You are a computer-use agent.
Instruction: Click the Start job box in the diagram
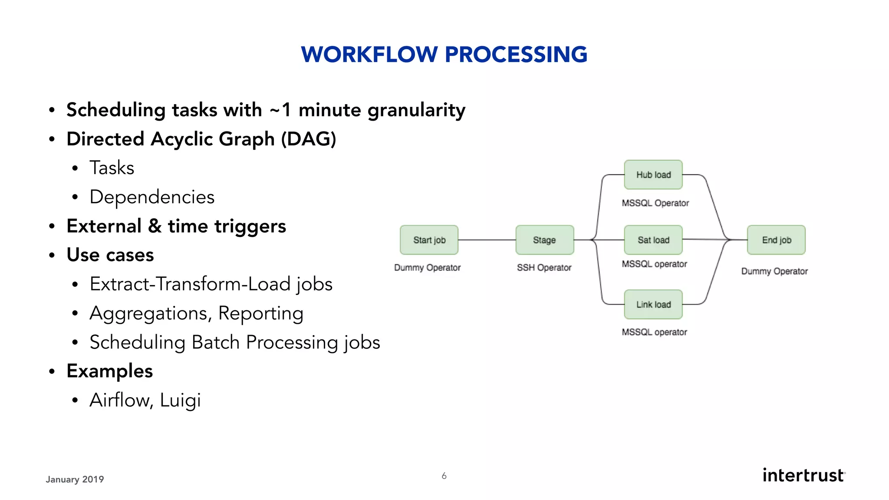click(x=429, y=240)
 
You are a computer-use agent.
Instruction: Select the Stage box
click(x=544, y=240)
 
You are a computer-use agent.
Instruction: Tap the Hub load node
click(x=653, y=174)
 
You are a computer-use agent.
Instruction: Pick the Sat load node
click(x=653, y=240)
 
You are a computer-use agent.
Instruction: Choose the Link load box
click(x=653, y=304)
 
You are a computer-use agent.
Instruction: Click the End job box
click(x=776, y=240)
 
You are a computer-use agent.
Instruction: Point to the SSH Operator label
click(x=544, y=268)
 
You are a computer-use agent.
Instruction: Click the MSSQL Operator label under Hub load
click(x=655, y=203)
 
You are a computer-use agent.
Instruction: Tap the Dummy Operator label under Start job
click(x=427, y=268)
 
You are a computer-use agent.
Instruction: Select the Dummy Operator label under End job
click(x=774, y=271)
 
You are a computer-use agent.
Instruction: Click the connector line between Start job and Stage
click(x=487, y=240)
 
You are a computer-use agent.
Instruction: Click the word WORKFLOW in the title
click(x=369, y=55)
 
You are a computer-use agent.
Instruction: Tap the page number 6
click(x=444, y=476)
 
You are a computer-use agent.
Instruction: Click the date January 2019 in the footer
click(x=75, y=479)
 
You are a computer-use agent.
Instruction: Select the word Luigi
click(x=180, y=400)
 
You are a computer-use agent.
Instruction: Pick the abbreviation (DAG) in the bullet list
click(x=308, y=139)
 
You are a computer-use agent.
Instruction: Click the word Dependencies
click(x=152, y=197)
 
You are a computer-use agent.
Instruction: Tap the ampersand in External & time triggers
click(x=155, y=226)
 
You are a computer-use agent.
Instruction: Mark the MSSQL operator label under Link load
click(x=654, y=332)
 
